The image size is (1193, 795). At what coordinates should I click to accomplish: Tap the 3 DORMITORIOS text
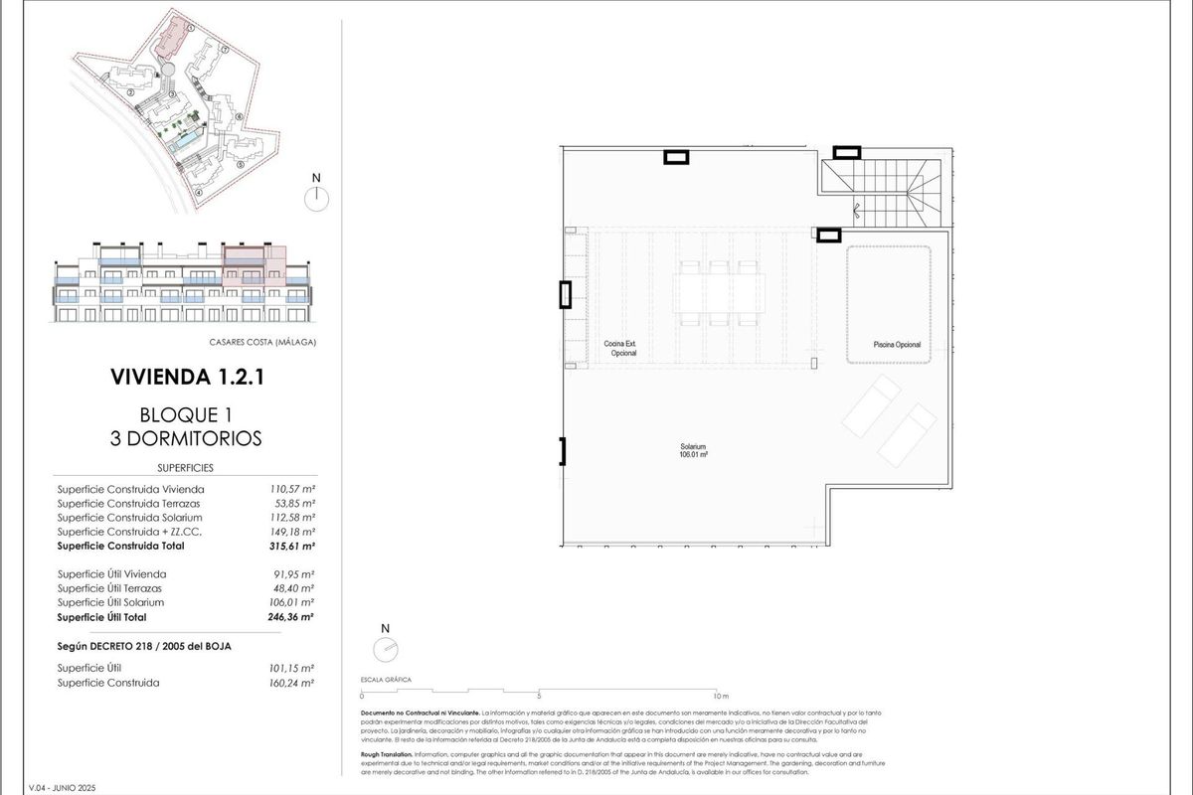pyautogui.click(x=186, y=437)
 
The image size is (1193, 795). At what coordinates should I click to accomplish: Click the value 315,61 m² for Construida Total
pyautogui.click(x=294, y=546)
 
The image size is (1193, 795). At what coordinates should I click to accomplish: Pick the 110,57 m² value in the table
pyautogui.click(x=294, y=489)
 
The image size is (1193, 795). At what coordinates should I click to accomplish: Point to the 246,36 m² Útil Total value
pyautogui.click(x=294, y=616)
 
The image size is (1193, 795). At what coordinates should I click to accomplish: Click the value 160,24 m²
pyautogui.click(x=294, y=683)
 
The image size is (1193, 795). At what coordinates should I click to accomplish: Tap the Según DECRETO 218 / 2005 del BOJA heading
pyautogui.click(x=144, y=647)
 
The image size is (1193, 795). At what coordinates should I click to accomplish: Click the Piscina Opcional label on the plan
pyautogui.click(x=897, y=345)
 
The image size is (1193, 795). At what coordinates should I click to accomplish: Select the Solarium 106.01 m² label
pyautogui.click(x=693, y=451)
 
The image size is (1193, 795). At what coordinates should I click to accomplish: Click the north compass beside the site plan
pyautogui.click(x=316, y=196)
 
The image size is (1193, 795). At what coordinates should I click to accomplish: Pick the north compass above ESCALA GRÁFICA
pyautogui.click(x=386, y=648)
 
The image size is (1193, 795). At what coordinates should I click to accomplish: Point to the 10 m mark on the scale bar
pyautogui.click(x=721, y=696)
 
